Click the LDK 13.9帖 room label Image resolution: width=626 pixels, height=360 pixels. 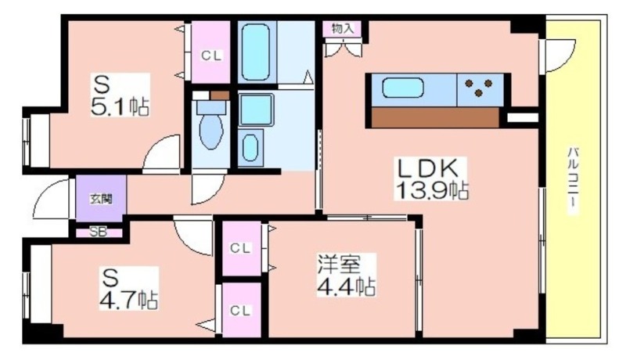click(430, 178)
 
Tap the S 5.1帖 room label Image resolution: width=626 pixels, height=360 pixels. click(121, 95)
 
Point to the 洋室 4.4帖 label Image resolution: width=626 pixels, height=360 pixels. click(346, 275)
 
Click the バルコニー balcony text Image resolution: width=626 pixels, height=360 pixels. click(574, 180)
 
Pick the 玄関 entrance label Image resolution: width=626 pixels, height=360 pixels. click(101, 198)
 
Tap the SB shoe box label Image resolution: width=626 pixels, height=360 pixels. click(99, 232)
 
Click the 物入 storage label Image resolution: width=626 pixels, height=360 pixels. click(343, 28)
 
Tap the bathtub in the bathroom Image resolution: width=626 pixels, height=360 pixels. click(256, 52)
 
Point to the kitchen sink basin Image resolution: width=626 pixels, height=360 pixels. click(402, 88)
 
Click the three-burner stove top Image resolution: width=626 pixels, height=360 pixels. click(479, 88)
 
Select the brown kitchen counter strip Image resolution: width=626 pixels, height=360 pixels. click(435, 117)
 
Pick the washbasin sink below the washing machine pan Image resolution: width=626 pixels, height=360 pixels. click(250, 148)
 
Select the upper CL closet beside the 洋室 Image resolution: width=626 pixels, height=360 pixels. click(241, 248)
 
